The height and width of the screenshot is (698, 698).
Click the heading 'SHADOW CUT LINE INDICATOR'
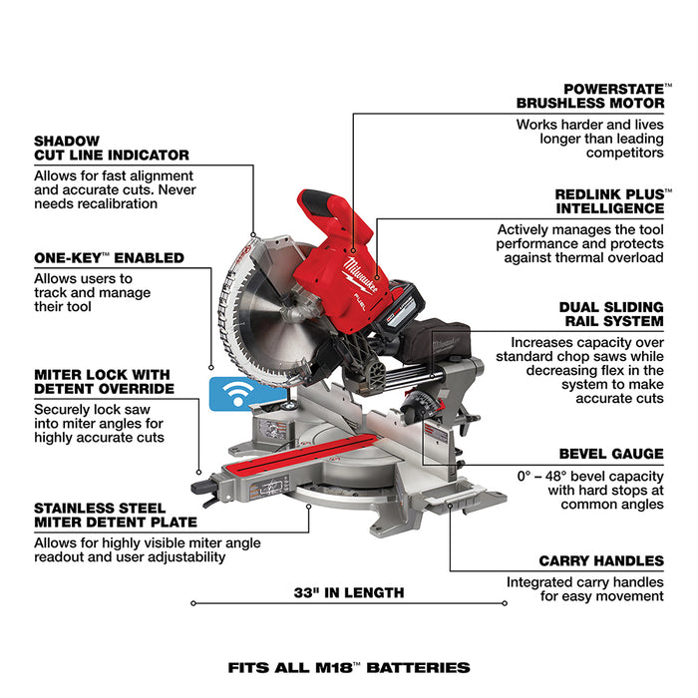(111, 148)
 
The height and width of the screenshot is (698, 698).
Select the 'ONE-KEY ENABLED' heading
(109, 257)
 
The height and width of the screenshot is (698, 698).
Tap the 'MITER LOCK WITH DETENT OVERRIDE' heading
(104, 381)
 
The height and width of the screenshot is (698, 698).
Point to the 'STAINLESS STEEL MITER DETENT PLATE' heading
(115, 514)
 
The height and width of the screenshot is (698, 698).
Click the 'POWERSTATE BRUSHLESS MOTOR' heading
(589, 95)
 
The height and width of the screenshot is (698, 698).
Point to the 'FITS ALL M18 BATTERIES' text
(348, 667)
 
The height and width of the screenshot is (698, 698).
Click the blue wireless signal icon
(231, 393)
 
